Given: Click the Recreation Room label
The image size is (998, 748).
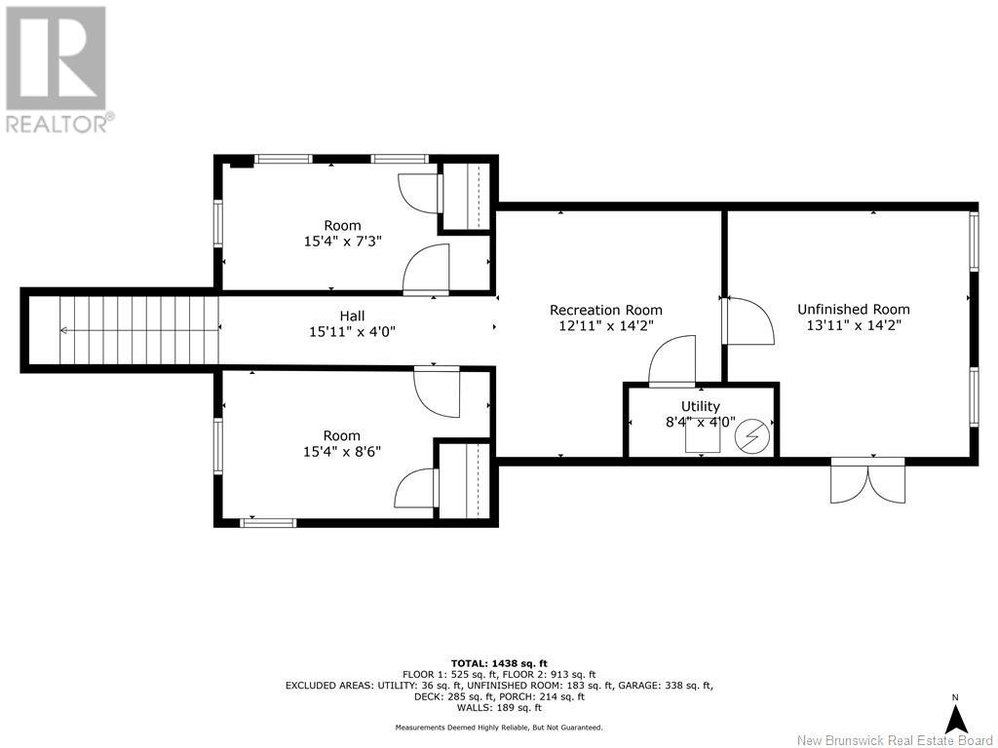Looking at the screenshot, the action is point(606,310).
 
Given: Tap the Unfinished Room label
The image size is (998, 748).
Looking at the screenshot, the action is point(854,309).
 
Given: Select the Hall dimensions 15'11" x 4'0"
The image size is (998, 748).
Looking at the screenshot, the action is point(352,331).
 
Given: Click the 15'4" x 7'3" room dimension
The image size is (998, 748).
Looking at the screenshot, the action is point(342,242).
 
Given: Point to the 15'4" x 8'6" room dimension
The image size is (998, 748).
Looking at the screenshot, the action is point(342,452).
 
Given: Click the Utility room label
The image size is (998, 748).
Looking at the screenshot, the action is point(700,406).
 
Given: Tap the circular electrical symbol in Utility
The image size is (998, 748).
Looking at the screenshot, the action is point(751,437).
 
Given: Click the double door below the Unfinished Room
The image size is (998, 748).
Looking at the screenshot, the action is point(868,481).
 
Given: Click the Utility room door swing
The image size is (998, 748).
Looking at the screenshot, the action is point(672,361).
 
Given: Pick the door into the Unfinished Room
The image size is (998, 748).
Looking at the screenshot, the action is point(748,320).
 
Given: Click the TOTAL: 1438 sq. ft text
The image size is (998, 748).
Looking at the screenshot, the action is point(499,663).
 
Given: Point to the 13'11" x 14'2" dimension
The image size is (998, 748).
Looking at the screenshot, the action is point(854,325).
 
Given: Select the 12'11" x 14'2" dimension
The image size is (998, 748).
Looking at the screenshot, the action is point(606,325).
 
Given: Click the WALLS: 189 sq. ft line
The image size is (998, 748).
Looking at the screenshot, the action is point(499,707).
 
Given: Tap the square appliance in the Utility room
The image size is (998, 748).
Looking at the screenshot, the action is point(703,436).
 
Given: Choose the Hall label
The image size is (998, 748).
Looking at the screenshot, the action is point(352,316).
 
